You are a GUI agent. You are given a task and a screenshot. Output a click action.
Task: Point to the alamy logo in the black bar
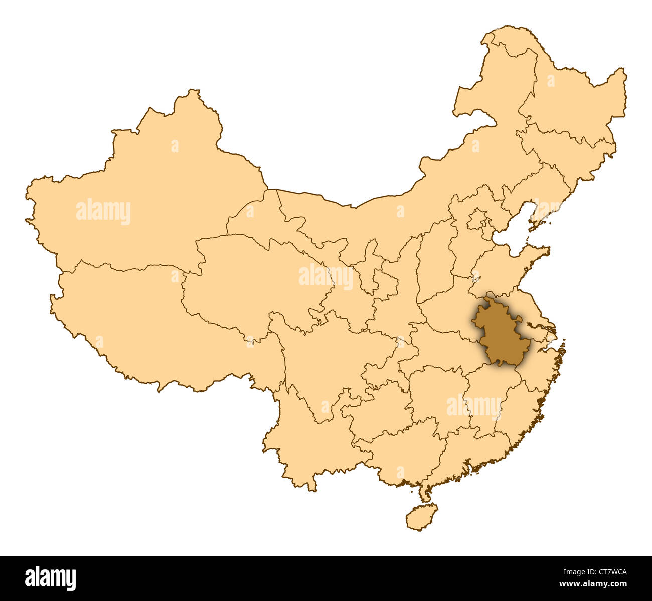(50, 578)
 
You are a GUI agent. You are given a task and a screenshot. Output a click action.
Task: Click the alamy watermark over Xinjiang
(103, 211)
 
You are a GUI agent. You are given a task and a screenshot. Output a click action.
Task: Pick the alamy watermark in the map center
(326, 276)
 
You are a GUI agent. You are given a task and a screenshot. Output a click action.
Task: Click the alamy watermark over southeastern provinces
(474, 406)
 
